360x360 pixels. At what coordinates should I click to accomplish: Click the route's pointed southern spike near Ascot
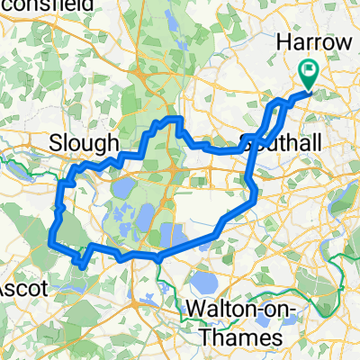click(x=84, y=265)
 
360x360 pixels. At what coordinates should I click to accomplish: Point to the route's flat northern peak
click(x=171, y=120)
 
